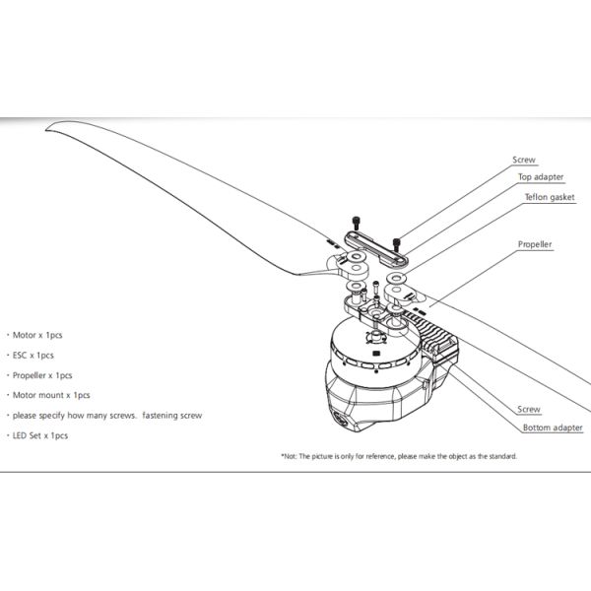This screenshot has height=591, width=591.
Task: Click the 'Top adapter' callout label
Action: (x=541, y=177)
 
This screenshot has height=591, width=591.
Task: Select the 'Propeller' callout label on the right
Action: (x=535, y=243)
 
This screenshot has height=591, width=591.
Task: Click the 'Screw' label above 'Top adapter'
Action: (x=524, y=159)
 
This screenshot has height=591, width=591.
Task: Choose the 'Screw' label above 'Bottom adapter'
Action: (x=529, y=408)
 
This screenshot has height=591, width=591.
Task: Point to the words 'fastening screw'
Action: (x=172, y=415)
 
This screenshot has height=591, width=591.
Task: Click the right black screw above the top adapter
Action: (x=396, y=239)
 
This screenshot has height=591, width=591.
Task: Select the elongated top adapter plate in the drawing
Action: (x=374, y=246)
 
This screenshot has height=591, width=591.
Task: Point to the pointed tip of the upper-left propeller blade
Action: (x=50, y=124)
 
